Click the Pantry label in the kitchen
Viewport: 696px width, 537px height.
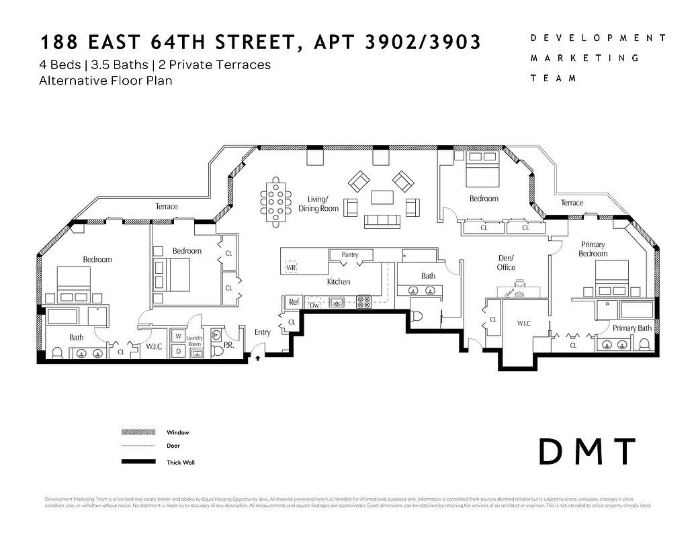(x=350, y=255)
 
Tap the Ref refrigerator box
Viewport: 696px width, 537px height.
(x=294, y=302)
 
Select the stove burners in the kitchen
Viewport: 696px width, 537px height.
(x=363, y=302)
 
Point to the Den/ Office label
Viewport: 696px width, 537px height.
(x=506, y=262)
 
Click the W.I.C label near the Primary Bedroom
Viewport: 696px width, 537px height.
(x=524, y=324)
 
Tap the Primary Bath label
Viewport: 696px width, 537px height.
(x=632, y=328)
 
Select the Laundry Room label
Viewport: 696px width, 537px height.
(x=194, y=341)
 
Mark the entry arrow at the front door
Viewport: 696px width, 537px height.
(x=258, y=358)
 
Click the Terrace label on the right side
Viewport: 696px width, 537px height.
(x=572, y=203)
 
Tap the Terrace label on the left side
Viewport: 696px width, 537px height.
(x=167, y=207)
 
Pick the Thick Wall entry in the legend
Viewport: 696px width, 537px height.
(x=179, y=462)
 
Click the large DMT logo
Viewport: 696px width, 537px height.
(x=587, y=452)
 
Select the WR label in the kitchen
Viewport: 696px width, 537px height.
(x=291, y=267)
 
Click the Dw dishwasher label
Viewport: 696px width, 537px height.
(x=314, y=305)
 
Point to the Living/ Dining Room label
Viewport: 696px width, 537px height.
(x=318, y=204)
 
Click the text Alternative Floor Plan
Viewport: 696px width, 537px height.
(x=106, y=81)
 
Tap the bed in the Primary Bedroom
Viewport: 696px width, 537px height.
(x=612, y=279)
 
